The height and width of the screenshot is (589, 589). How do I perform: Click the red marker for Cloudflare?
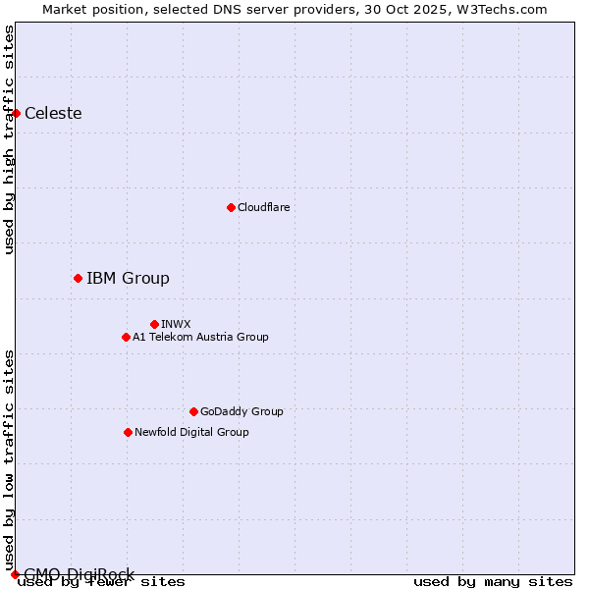point(231,207)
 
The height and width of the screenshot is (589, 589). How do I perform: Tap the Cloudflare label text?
point(264,207)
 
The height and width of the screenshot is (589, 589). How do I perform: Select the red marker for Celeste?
point(16,113)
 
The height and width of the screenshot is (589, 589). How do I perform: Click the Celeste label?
point(53,113)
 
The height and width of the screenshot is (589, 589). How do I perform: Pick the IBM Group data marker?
point(78,278)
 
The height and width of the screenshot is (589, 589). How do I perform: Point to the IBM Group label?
point(128,278)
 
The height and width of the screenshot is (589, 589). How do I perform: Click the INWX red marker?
point(154,324)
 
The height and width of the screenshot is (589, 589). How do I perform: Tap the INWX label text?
point(176,324)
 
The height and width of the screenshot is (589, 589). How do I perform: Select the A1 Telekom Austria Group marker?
point(126,337)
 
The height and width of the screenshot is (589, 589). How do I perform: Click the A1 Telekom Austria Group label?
point(200,337)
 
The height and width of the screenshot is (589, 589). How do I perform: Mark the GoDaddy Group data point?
point(193,411)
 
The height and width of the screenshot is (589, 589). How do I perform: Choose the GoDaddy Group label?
point(241,411)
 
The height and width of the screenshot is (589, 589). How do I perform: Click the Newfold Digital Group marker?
point(128,432)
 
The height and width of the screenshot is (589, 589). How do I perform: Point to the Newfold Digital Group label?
point(191,432)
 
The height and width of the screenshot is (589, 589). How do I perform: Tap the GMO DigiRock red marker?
point(15,574)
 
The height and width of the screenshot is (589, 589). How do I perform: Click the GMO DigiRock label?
point(79,574)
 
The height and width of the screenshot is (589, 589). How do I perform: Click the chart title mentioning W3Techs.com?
point(294,9)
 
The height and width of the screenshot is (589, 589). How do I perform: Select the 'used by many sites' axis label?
point(493,581)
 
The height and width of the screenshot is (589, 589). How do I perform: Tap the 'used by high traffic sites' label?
point(9,139)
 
